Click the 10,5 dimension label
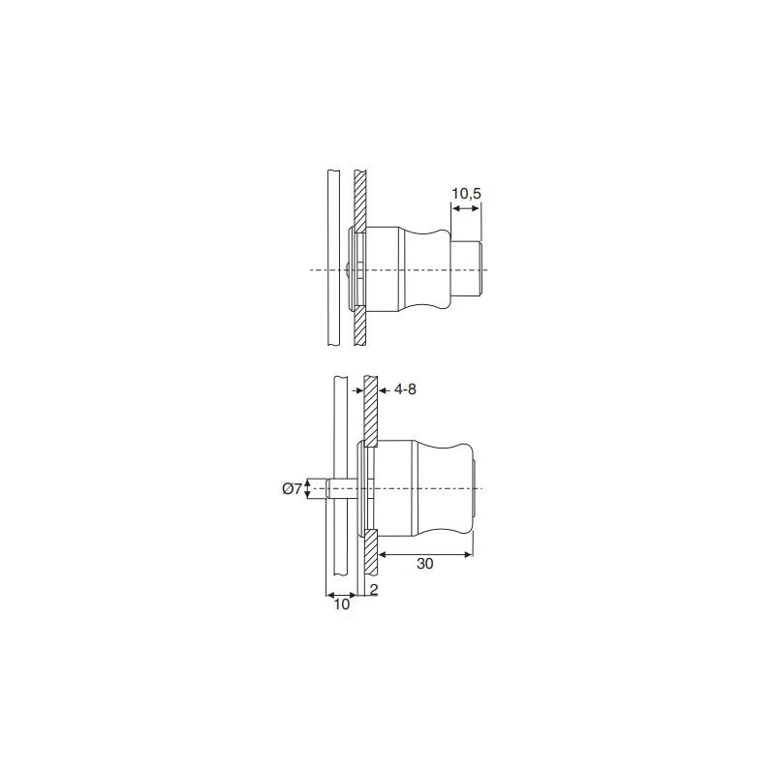tap(466, 194)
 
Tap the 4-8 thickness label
tap(405, 389)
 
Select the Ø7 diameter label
tap(292, 489)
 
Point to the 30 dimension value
tap(425, 564)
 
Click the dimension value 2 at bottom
tap(374, 589)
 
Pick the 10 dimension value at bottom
tap(342, 604)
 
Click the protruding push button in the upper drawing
tap(466, 269)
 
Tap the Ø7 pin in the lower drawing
tap(340, 489)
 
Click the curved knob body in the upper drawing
tap(409, 269)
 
